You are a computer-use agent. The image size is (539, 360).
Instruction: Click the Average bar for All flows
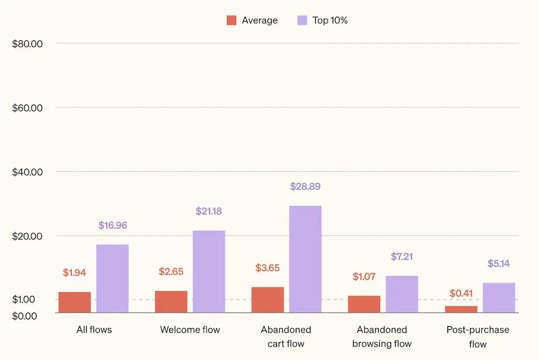click(74, 302)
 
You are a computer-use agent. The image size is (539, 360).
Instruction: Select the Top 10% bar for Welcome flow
click(209, 272)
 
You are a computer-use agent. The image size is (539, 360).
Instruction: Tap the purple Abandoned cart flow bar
click(305, 259)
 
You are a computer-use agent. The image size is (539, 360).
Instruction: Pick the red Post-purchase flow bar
click(461, 309)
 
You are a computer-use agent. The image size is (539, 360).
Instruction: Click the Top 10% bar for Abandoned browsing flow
click(402, 294)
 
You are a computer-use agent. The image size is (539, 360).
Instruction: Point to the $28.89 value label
click(305, 186)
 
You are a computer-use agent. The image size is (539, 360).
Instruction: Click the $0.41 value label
click(461, 294)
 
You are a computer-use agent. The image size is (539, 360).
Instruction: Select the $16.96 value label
click(113, 225)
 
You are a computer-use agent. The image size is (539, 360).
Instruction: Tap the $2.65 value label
click(171, 272)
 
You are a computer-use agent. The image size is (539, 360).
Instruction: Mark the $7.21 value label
click(402, 257)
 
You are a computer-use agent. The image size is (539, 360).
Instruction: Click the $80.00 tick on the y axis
click(27, 44)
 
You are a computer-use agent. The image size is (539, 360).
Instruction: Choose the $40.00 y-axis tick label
click(27, 172)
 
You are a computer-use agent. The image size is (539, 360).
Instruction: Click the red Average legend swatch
click(231, 20)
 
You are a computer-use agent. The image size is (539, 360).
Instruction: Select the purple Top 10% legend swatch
click(302, 20)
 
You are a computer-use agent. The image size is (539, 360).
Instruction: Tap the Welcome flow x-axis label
click(190, 329)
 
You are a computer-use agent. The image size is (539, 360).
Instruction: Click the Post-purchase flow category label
click(478, 336)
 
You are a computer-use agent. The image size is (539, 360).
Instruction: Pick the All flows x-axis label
click(94, 329)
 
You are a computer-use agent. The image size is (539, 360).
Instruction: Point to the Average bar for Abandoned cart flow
click(267, 300)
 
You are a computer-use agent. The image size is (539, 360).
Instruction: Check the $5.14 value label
click(499, 264)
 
